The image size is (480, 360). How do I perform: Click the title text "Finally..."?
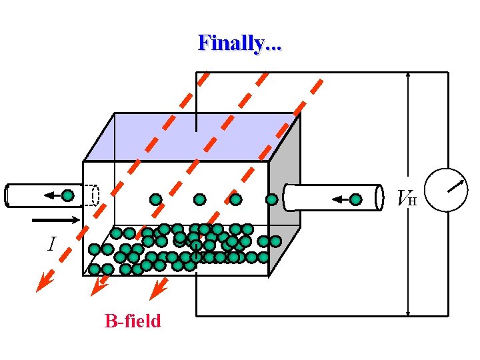click(240, 43)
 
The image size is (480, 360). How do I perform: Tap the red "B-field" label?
click(133, 321)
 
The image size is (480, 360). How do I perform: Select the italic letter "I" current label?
click(51, 245)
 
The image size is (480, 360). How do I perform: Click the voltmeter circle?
click(445, 190)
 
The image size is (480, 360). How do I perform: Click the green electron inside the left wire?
click(68, 195)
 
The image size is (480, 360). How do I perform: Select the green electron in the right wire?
click(356, 199)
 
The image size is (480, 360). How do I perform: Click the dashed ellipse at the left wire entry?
click(95, 195)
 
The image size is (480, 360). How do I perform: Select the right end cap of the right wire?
click(379, 197)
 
